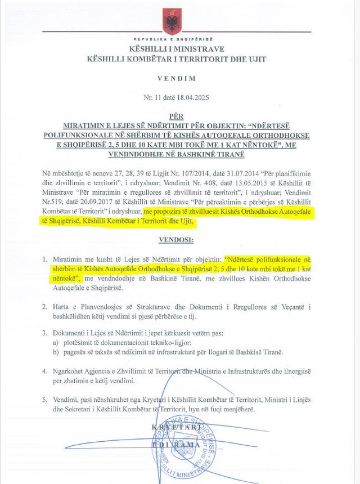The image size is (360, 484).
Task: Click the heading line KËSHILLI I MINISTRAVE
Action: [x=175, y=50]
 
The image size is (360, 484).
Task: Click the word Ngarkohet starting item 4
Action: [x=76, y=371]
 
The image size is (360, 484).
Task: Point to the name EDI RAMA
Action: [x=176, y=445]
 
